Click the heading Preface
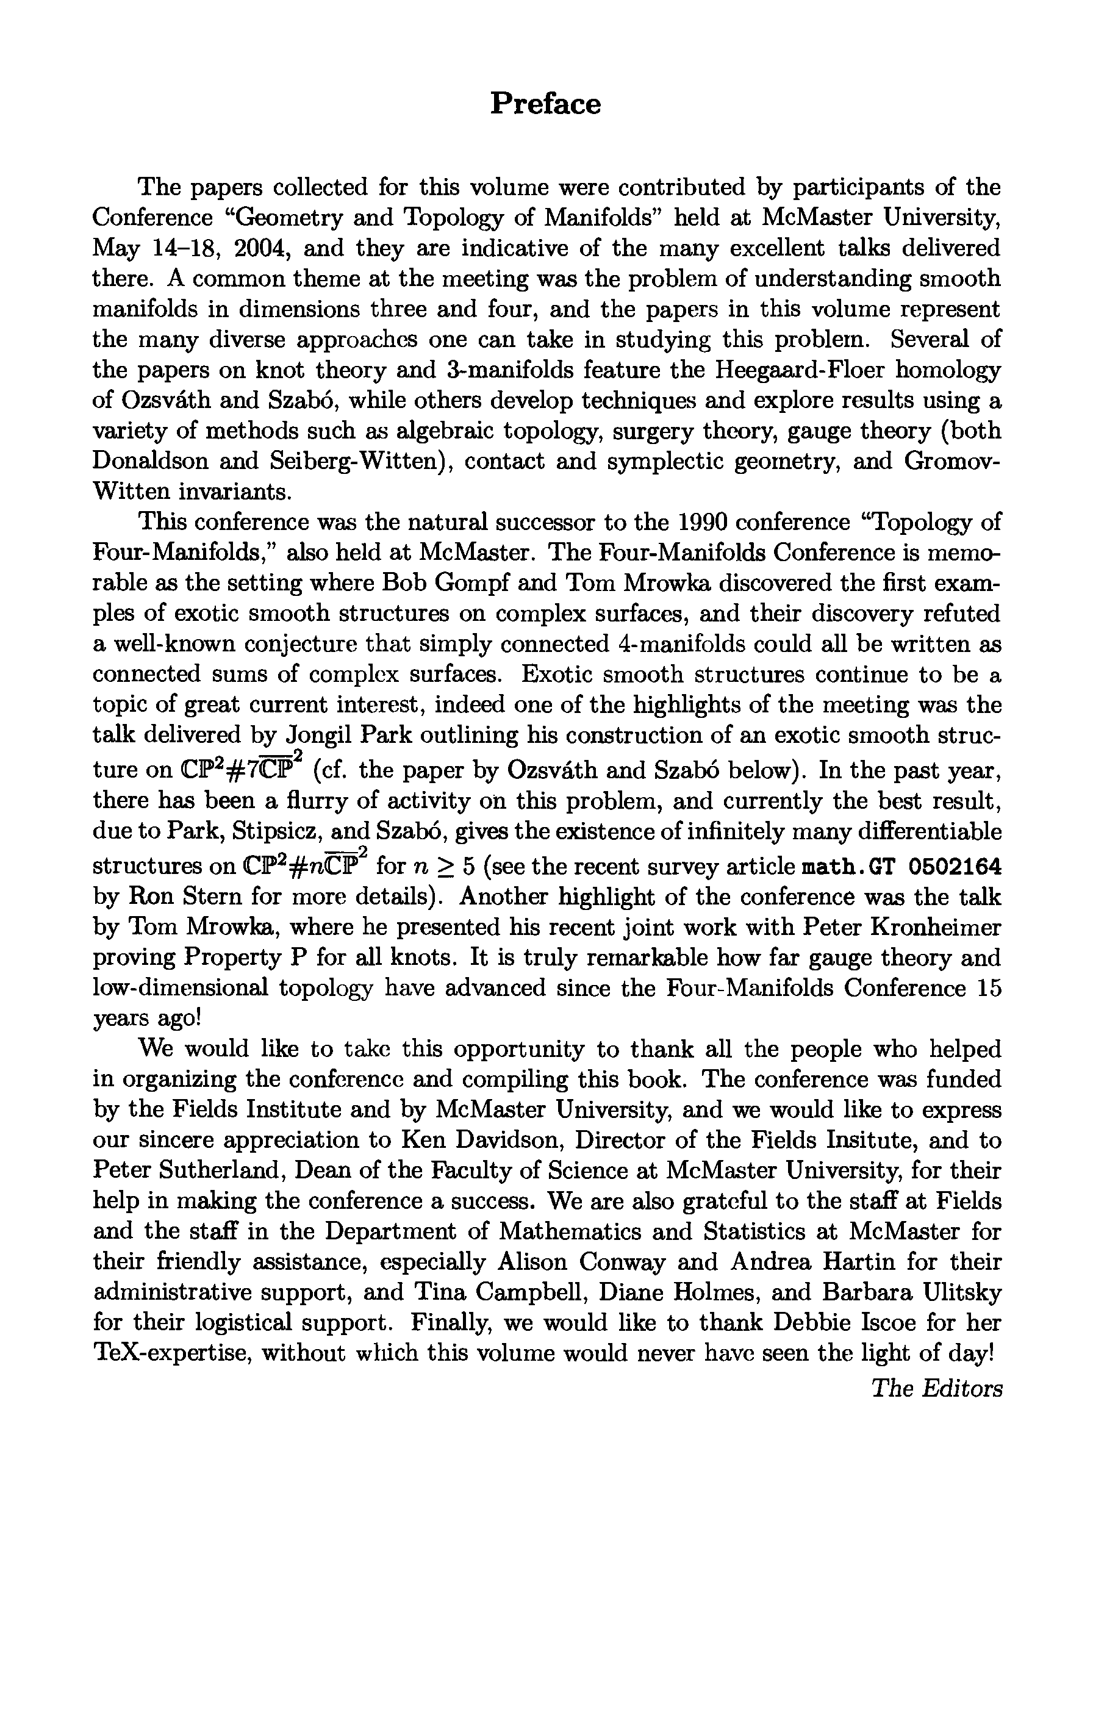coord(545,104)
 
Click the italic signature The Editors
coord(936,1389)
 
